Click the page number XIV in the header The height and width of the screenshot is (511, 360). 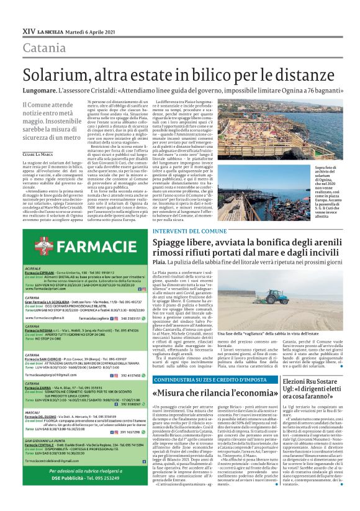pyautogui.click(x=28, y=29)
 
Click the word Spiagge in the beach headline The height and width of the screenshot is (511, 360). pyautogui.click(x=173, y=245)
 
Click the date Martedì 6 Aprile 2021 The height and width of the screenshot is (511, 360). pyautogui.click(x=87, y=30)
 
